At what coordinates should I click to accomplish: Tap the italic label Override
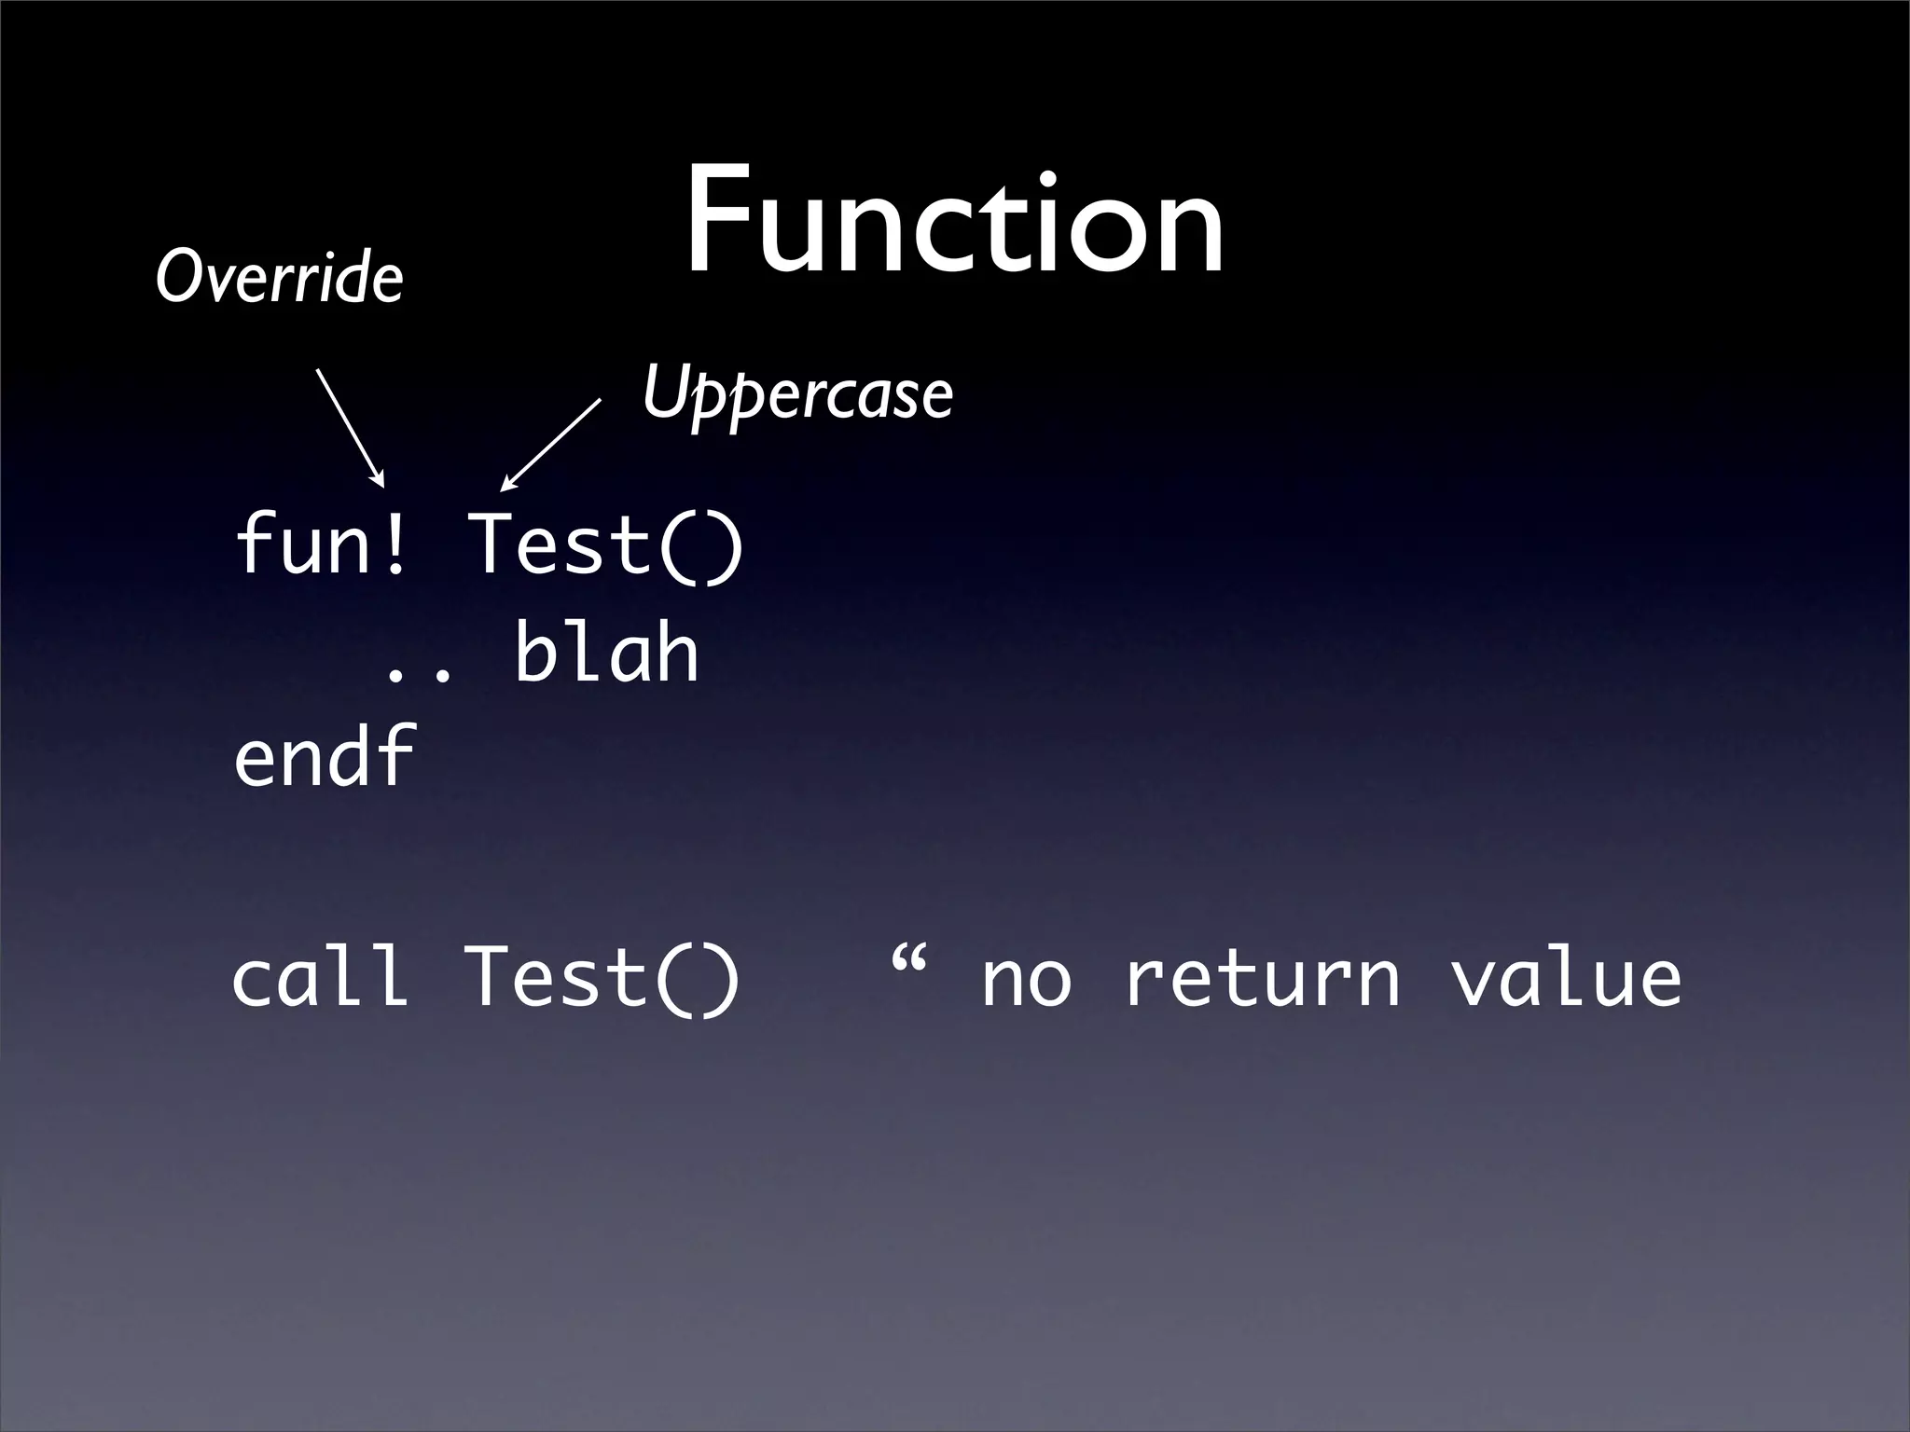[279, 277]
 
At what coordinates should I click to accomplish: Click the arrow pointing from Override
[350, 427]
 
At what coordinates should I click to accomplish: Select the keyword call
[320, 976]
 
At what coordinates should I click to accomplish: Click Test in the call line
[556, 977]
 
